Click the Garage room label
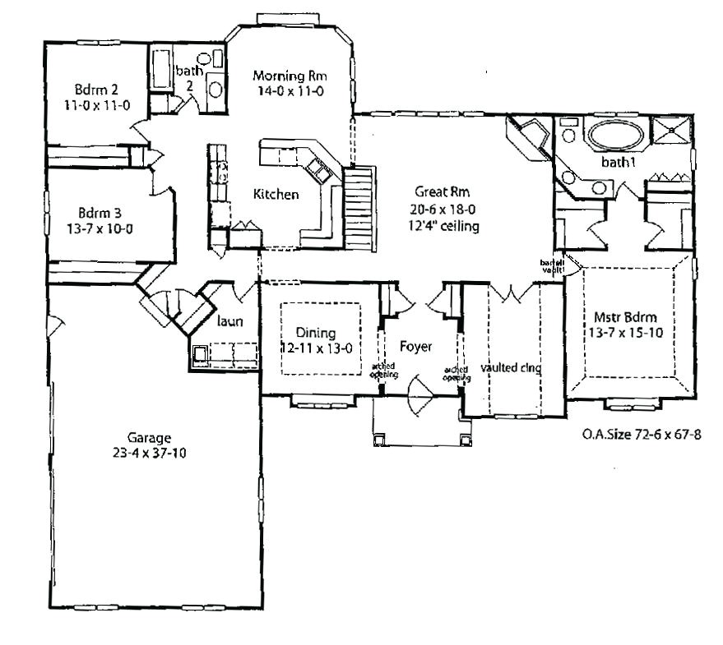point(149,437)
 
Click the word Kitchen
point(276,195)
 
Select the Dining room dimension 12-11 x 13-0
point(317,348)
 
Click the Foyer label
point(416,346)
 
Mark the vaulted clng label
point(511,368)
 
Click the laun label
point(230,322)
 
